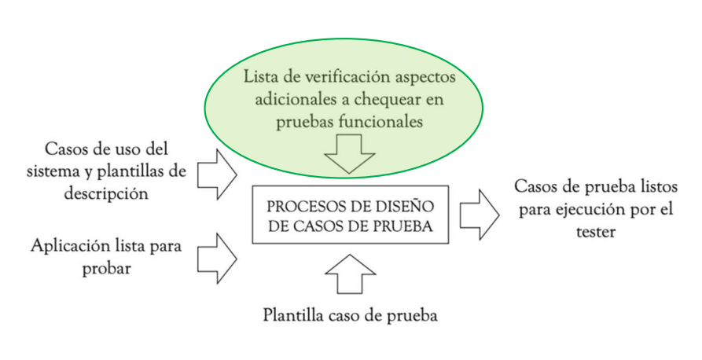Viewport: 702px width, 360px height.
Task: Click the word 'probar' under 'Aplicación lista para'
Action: (x=106, y=269)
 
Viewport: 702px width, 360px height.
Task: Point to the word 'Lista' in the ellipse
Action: (x=261, y=78)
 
